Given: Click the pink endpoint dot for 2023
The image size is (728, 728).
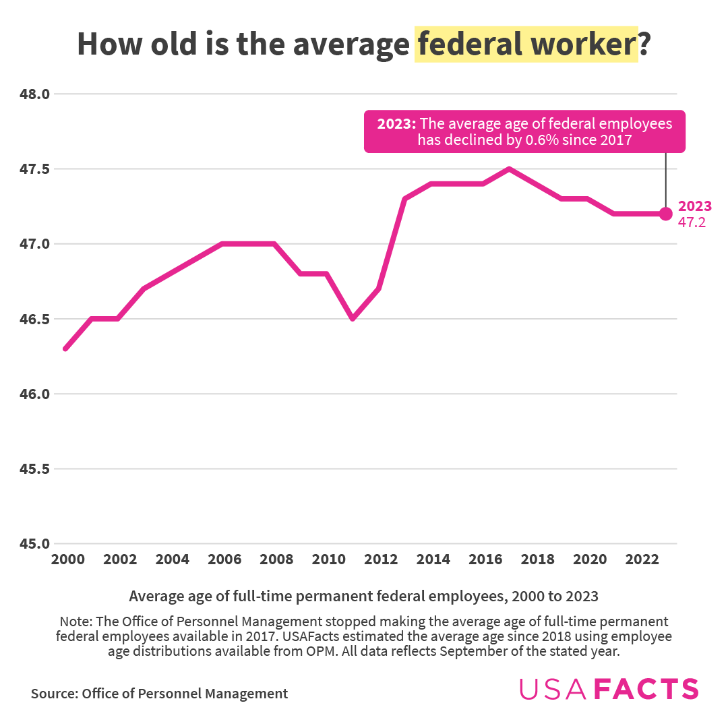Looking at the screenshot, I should [x=666, y=214].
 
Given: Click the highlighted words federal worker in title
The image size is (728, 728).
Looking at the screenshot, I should [x=526, y=44].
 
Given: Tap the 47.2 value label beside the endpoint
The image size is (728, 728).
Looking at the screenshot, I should [x=692, y=222].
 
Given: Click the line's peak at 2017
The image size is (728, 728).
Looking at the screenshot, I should [x=510, y=169].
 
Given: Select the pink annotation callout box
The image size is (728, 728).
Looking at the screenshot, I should [x=524, y=131].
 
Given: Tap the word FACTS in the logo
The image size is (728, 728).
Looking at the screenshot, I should [x=649, y=689].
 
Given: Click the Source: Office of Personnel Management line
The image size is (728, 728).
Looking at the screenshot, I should [x=159, y=694].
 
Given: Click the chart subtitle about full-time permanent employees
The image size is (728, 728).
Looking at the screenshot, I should [x=363, y=596].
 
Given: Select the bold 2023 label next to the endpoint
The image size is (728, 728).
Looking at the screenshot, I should [x=695, y=206].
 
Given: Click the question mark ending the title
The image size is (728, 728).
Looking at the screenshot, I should [x=644, y=44].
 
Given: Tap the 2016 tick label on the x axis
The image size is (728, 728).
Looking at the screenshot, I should [x=484, y=559].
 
